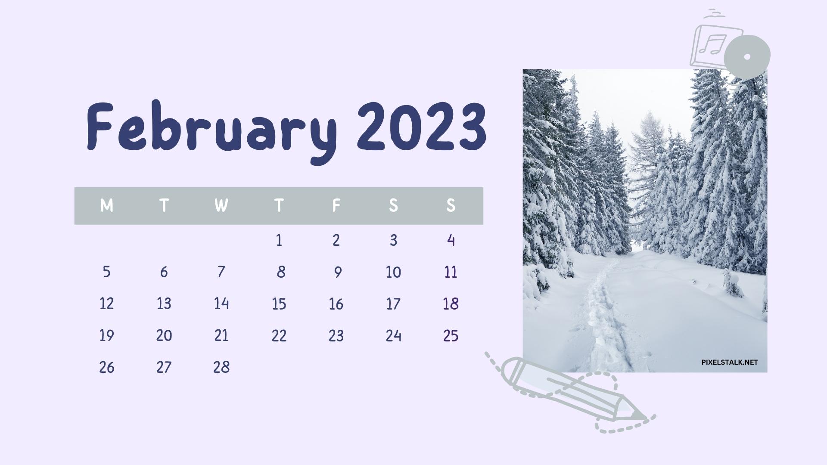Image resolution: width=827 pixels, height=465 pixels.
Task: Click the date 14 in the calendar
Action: click(x=221, y=304)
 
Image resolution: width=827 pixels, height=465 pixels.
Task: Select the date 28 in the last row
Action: click(x=221, y=367)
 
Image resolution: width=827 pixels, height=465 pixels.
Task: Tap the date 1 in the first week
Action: click(x=279, y=240)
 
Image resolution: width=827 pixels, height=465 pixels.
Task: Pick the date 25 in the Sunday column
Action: click(x=451, y=336)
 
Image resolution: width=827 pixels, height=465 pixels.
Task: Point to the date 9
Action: click(x=338, y=272)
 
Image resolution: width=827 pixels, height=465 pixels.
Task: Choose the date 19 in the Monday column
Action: click(x=106, y=335)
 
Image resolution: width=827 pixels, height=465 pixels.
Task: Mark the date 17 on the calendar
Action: click(x=393, y=304)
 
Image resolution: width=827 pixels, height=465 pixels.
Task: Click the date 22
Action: click(x=279, y=336)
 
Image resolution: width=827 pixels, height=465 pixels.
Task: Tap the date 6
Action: click(x=164, y=272)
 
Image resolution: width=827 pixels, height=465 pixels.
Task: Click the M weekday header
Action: click(x=106, y=206)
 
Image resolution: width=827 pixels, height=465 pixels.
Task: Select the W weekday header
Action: click(x=221, y=206)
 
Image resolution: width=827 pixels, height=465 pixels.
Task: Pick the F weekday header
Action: click(x=336, y=206)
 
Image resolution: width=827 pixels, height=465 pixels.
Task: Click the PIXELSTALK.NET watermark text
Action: click(x=730, y=363)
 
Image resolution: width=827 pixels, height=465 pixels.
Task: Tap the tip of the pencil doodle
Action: click(x=644, y=417)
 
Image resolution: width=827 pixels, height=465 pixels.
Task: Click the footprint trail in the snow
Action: click(x=603, y=319)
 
